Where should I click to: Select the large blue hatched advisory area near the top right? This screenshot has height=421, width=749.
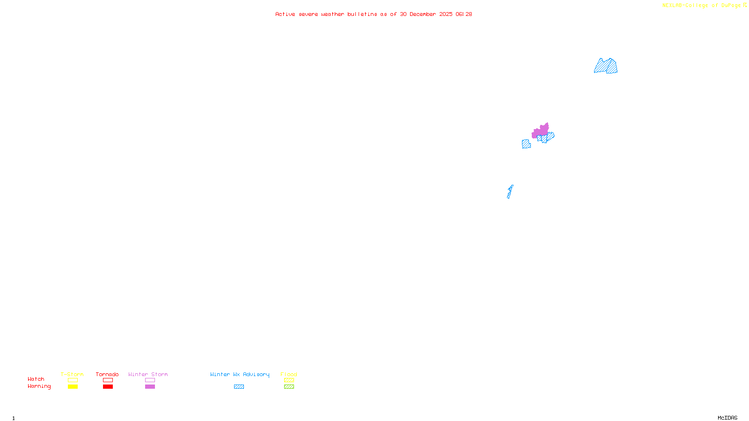click(606, 66)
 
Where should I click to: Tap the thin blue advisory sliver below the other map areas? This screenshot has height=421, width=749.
click(510, 192)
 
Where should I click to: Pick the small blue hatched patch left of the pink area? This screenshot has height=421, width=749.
click(526, 144)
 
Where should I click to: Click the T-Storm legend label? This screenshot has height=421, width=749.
click(72, 374)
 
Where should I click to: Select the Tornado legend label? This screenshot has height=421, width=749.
click(107, 374)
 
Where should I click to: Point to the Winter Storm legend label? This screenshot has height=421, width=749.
click(148, 374)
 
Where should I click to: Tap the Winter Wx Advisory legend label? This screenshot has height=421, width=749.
click(240, 374)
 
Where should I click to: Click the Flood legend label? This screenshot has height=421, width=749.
click(289, 374)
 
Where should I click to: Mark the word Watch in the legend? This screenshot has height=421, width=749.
click(36, 379)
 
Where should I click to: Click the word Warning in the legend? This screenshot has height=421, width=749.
click(39, 386)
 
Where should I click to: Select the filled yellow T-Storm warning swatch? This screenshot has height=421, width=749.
click(73, 387)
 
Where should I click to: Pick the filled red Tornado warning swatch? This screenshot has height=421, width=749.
click(108, 387)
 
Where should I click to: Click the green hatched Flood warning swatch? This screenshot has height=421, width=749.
click(289, 387)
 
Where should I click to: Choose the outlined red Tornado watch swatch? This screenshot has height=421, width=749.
click(108, 380)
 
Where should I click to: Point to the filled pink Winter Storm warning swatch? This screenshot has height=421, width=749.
click(150, 387)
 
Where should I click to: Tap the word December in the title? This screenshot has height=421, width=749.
click(423, 14)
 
